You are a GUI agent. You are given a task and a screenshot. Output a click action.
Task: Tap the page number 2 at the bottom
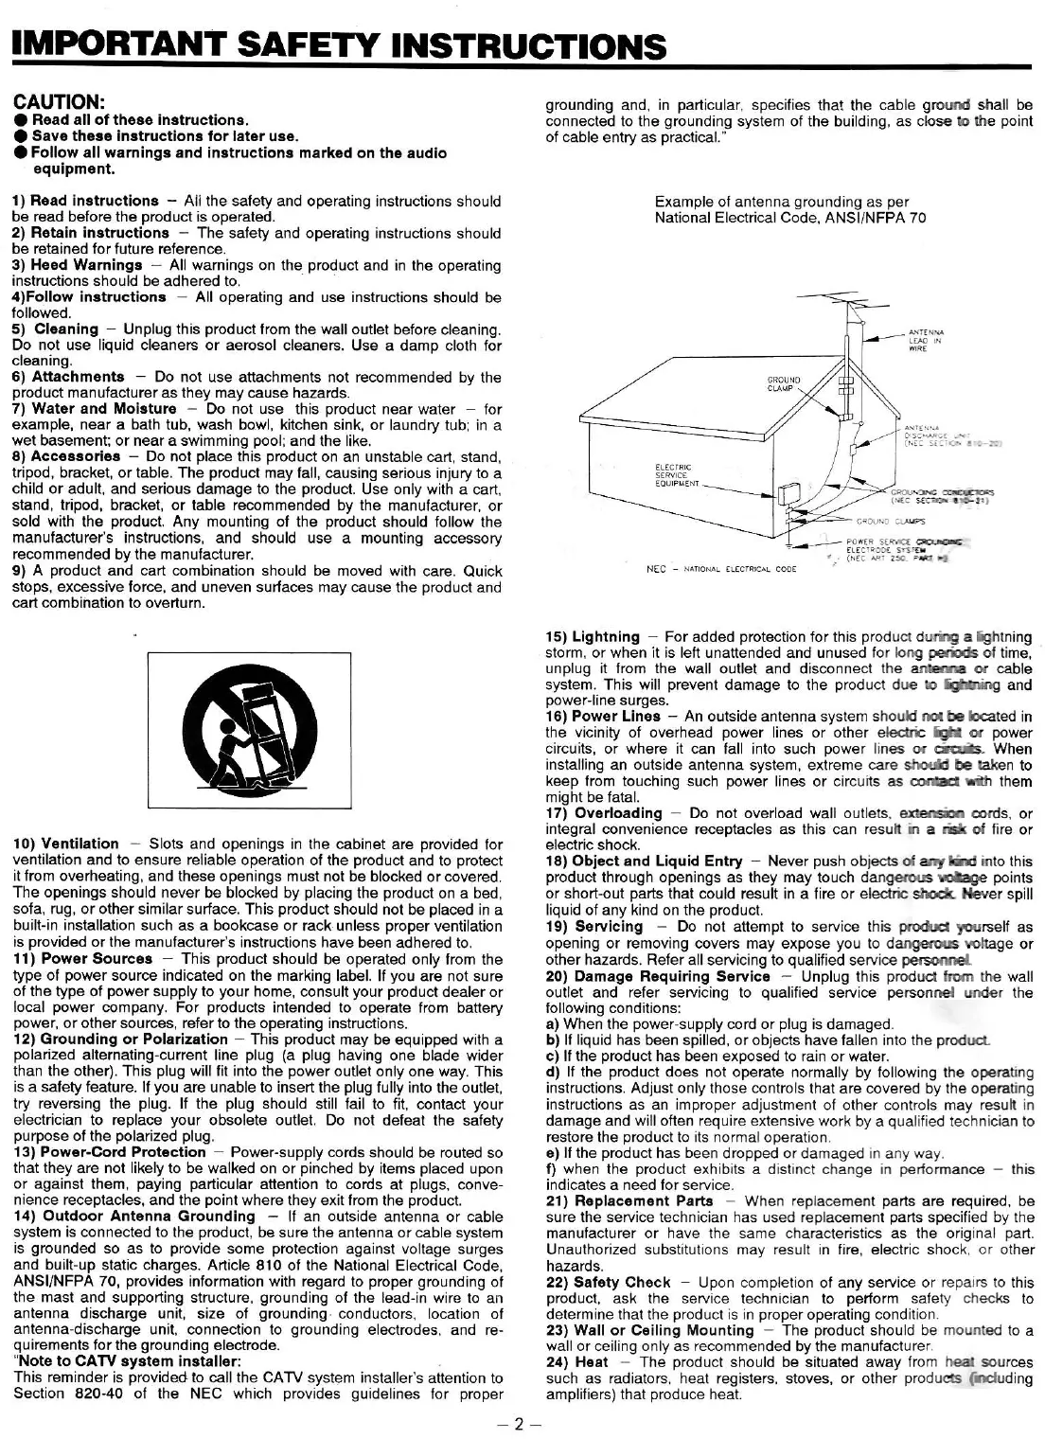520,1423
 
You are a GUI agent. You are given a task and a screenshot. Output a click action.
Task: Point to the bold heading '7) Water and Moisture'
95,409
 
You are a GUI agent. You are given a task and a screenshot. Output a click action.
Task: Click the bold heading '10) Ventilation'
65,844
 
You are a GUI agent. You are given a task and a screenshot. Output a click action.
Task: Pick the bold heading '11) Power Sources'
79,957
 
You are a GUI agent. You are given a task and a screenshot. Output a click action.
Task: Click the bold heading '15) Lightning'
593,636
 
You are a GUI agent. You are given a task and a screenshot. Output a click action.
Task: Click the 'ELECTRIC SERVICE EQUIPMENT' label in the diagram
678,474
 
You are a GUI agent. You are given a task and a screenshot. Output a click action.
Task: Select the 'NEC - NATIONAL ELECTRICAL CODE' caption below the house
720,570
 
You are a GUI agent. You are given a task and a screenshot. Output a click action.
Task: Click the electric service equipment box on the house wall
787,495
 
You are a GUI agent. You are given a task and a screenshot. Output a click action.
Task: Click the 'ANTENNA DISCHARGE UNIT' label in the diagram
947,435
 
